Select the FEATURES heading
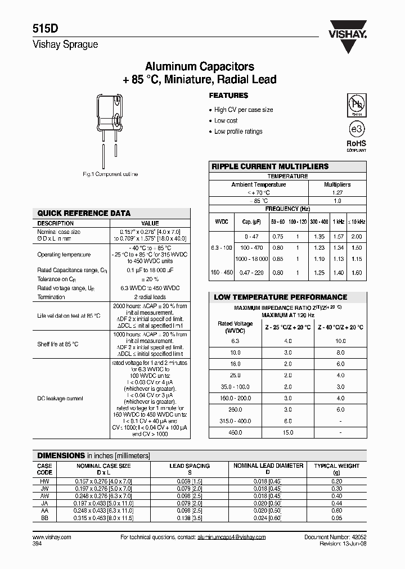click(x=228, y=96)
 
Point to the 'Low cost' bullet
click(x=226, y=120)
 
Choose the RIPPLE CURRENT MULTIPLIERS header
click(x=269, y=166)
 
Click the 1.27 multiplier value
click(x=337, y=192)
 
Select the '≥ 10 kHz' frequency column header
click(x=356, y=222)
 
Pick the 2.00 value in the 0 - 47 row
click(x=356, y=237)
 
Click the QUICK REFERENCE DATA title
click(x=84, y=213)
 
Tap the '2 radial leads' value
click(x=150, y=296)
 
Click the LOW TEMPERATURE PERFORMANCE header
click(x=280, y=297)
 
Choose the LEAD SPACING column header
click(x=190, y=466)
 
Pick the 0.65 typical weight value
click(x=336, y=518)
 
